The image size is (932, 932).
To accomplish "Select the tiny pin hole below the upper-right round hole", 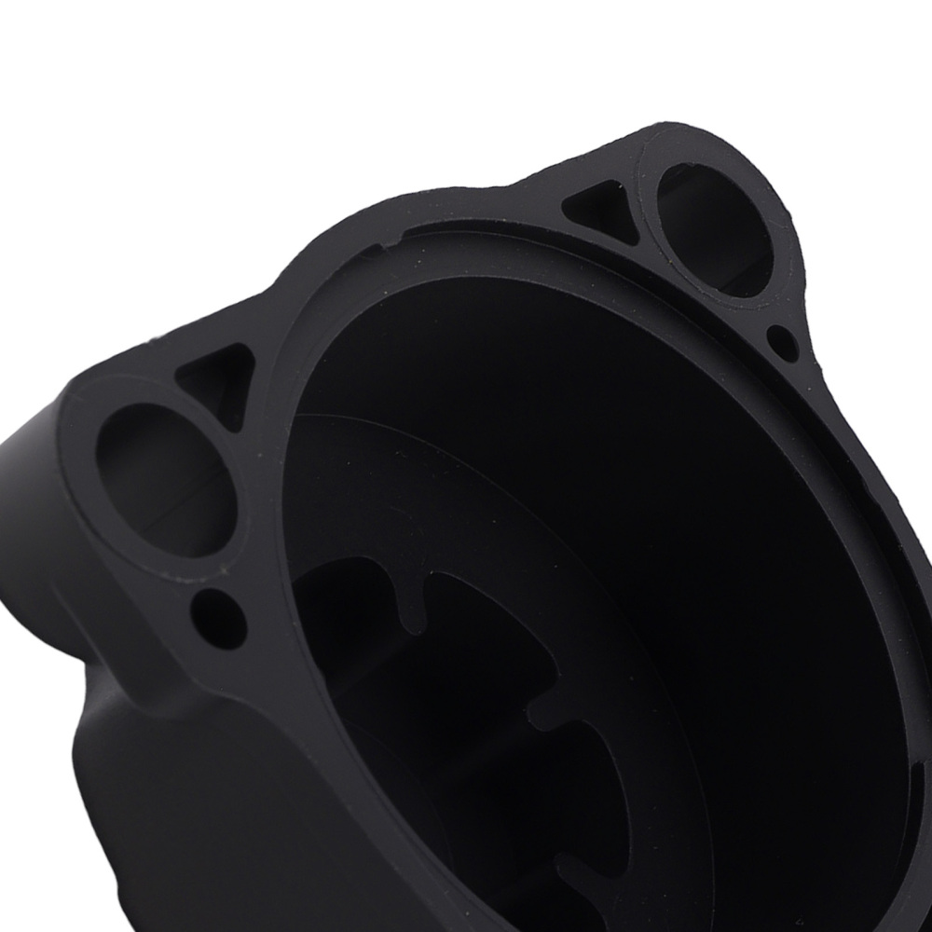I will click(783, 343).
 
